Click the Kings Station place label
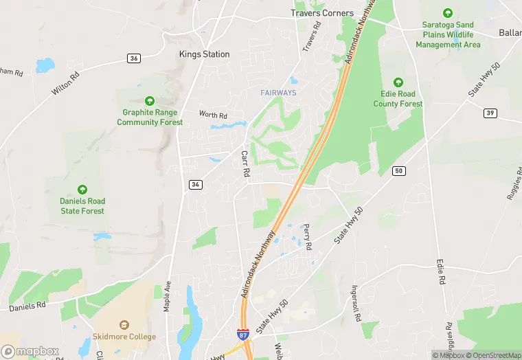pyautogui.click(x=204, y=54)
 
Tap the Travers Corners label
pyautogui.click(x=322, y=13)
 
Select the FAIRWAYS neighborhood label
pyautogui.click(x=279, y=93)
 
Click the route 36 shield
pyautogui.click(x=134, y=58)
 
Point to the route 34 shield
pyautogui.click(x=196, y=184)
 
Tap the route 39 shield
pyautogui.click(x=489, y=113)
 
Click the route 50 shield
pyautogui.click(x=398, y=170)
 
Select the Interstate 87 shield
pyautogui.click(x=244, y=333)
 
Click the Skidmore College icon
pyautogui.click(x=124, y=325)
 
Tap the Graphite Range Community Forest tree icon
pyautogui.click(x=150, y=101)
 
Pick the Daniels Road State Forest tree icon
pyautogui.click(x=82, y=190)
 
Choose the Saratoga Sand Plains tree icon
pyautogui.click(x=448, y=13)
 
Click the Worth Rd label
pyautogui.click(x=212, y=114)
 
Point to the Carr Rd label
pyautogui.click(x=244, y=164)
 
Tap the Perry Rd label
pyautogui.click(x=308, y=236)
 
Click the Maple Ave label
pyautogui.click(x=167, y=295)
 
